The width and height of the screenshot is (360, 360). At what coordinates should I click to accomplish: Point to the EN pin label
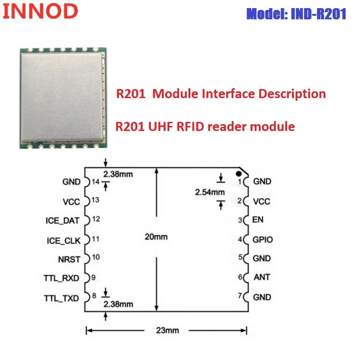258,220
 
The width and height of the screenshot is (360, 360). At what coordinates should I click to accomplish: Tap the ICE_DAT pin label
63,220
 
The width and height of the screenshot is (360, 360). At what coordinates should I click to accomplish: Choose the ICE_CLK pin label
63,241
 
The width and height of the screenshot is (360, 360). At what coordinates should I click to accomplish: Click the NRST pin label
69,259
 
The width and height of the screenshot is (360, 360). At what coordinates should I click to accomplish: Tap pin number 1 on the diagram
240,182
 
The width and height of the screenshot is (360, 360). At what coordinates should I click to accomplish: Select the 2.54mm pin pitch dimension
209,192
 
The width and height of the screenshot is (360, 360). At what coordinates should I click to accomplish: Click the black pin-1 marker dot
240,172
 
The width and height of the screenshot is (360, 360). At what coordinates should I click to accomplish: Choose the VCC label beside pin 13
71,201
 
